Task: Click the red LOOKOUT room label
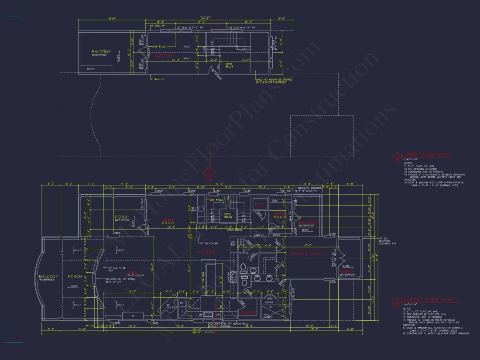[x=166, y=55]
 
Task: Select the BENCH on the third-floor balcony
[x=91, y=69]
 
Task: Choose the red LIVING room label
[x=132, y=273]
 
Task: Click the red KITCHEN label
[x=207, y=252]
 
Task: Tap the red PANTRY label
[x=247, y=312]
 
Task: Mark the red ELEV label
[x=259, y=205]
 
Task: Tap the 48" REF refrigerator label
[x=233, y=243]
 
